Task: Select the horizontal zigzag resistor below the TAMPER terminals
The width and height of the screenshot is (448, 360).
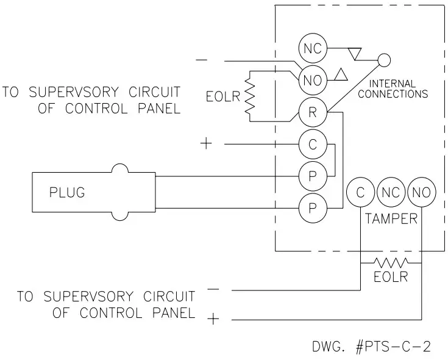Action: coord(391,263)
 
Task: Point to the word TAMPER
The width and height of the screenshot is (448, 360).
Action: coord(391,218)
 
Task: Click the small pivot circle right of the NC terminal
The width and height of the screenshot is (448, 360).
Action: coord(383,60)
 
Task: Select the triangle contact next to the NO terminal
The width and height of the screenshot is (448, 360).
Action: coord(341,75)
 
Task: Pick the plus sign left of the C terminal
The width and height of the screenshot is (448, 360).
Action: coord(206,144)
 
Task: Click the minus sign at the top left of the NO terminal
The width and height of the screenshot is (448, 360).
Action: coord(202,60)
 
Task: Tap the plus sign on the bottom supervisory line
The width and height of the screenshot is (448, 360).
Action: coord(212,319)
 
